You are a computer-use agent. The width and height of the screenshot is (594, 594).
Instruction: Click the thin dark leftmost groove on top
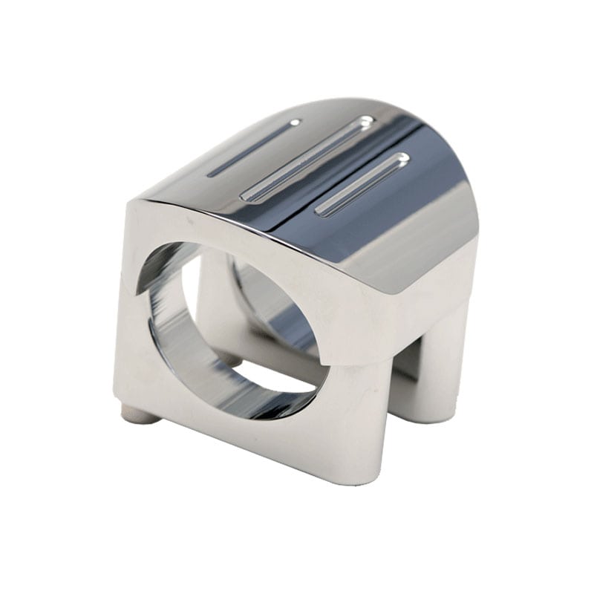pos(252,149)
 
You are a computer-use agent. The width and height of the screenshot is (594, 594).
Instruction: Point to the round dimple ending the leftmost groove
pos(295,123)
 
